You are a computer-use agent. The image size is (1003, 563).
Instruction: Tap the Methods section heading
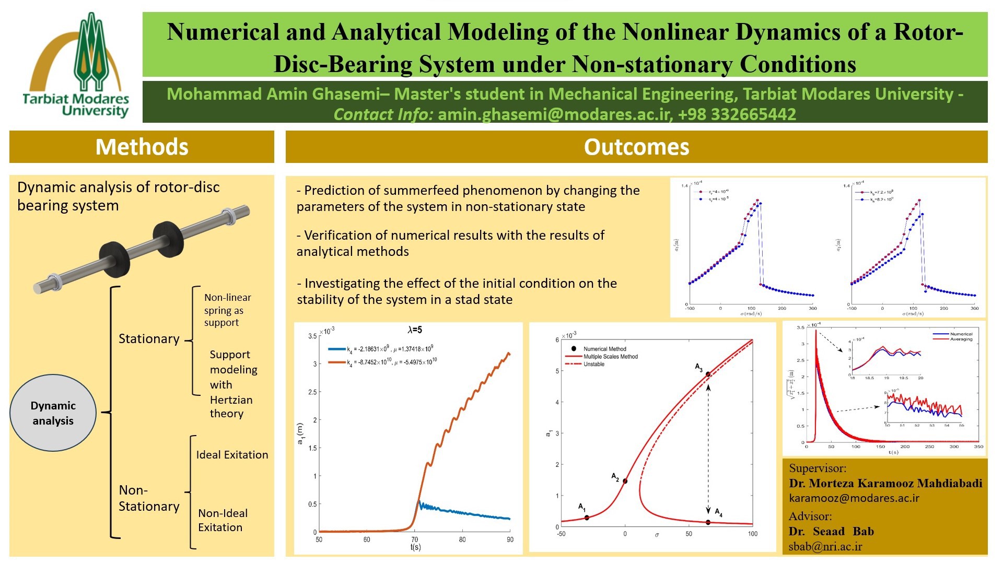pos(142,147)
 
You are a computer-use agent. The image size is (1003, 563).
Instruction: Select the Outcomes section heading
pos(636,147)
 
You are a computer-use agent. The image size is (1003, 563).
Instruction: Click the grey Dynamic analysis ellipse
pos(53,413)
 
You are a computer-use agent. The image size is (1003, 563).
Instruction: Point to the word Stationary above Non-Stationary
pos(149,339)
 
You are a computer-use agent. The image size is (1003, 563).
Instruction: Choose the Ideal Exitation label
pos(232,455)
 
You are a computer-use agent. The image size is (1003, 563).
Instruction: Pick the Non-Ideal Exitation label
pos(223,520)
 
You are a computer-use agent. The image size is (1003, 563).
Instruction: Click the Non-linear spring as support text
pos(227,310)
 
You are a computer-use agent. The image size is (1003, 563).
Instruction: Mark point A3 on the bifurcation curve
pos(708,374)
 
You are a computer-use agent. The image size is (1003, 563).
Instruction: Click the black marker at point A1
pos(587,518)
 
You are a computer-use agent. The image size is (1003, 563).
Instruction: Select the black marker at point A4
pos(708,522)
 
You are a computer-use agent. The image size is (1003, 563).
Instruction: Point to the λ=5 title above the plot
pos(415,330)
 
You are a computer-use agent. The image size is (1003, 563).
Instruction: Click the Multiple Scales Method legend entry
pos(610,357)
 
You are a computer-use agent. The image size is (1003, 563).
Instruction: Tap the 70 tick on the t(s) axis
pos(415,539)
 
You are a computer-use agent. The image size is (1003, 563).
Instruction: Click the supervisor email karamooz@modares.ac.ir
pos(854,498)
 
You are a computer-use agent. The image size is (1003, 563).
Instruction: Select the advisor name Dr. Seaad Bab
pos(831,531)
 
